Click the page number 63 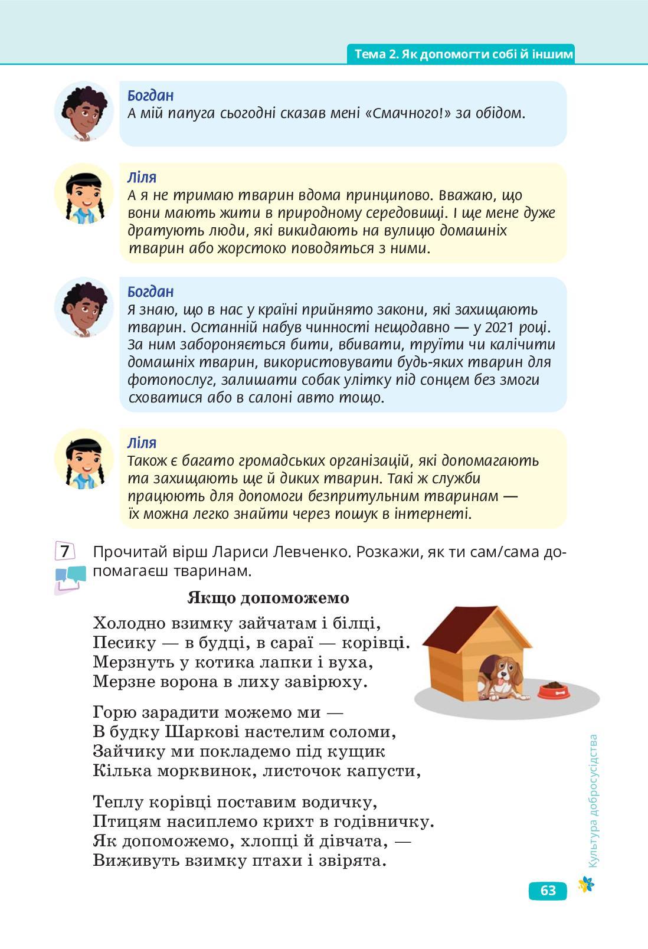click(x=548, y=890)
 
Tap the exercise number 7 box click(x=65, y=551)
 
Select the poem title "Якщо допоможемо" click(x=268, y=598)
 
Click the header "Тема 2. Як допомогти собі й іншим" click(x=463, y=54)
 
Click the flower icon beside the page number click(x=586, y=883)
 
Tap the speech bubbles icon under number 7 click(x=70, y=578)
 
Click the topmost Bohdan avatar click(x=84, y=111)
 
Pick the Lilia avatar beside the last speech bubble click(x=84, y=459)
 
